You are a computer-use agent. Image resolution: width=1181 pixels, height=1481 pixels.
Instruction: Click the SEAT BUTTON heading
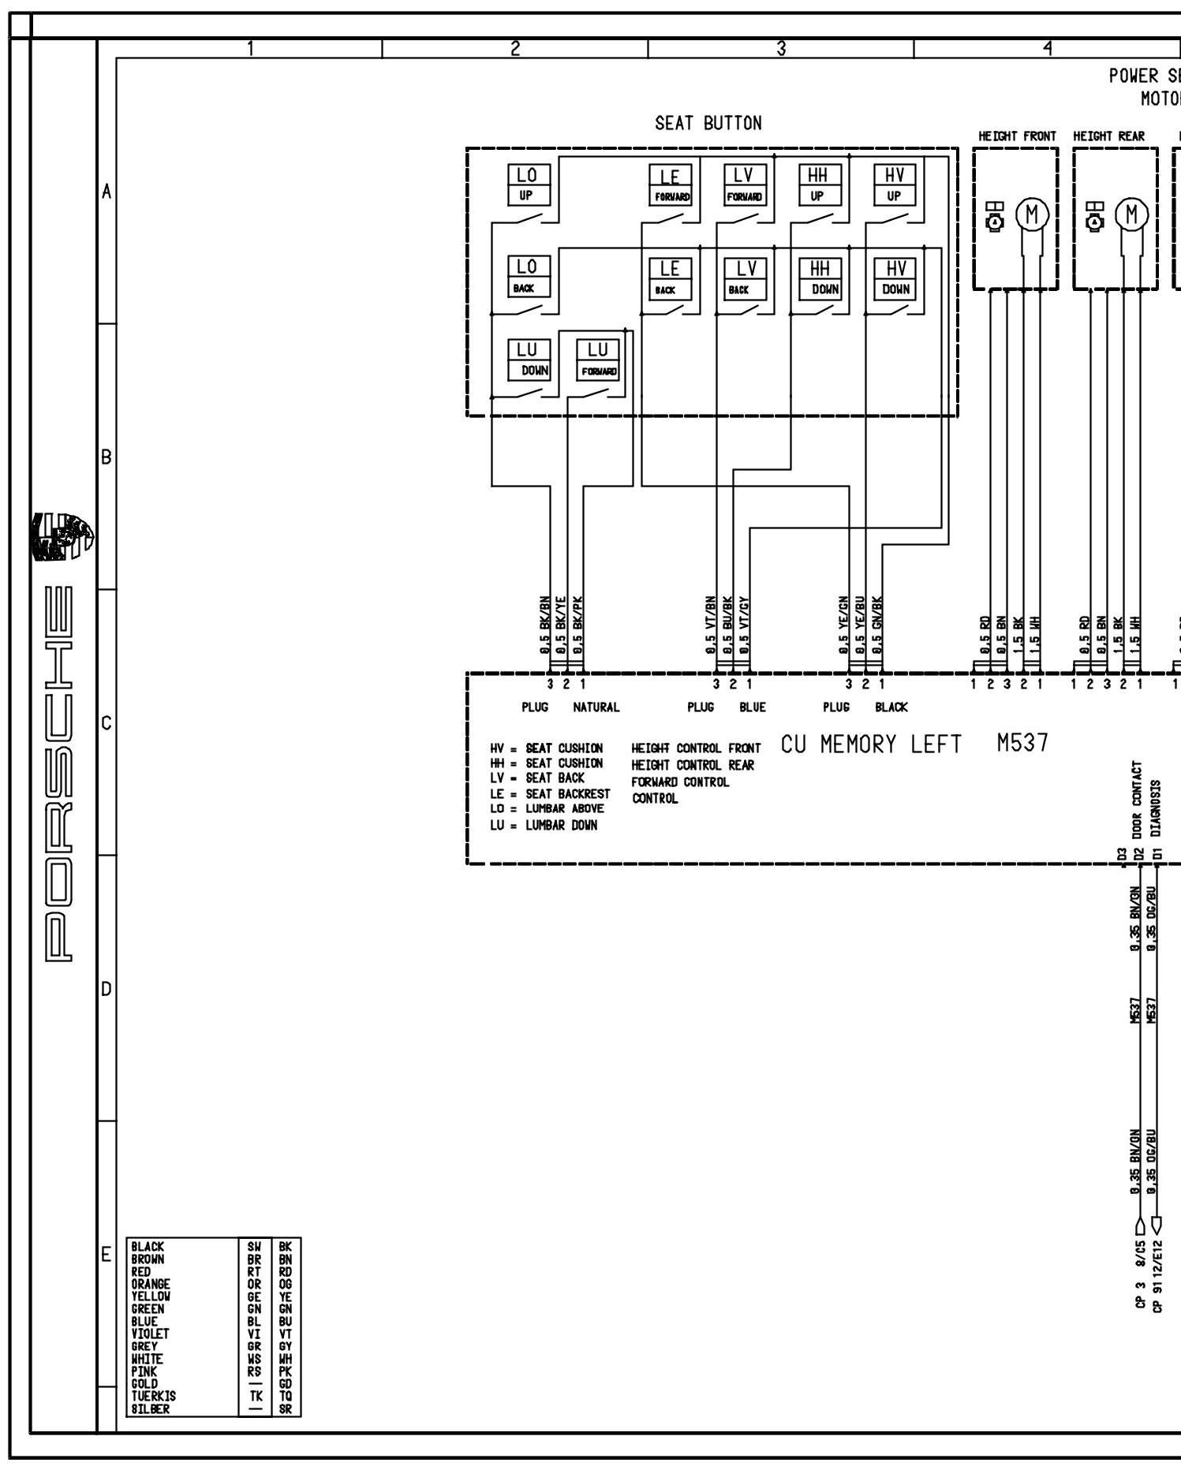708,123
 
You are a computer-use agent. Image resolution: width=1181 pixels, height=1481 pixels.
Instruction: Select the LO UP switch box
527,185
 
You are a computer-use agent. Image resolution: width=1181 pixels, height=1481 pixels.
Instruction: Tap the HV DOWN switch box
895,278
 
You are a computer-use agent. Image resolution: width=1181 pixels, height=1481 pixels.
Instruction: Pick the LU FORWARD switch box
598,360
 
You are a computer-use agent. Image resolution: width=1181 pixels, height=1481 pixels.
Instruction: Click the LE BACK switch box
669,278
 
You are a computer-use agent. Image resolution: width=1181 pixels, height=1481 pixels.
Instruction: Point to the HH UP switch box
819,185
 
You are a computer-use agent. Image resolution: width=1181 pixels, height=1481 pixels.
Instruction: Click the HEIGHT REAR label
1108,136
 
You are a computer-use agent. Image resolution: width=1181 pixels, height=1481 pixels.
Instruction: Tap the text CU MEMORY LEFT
871,744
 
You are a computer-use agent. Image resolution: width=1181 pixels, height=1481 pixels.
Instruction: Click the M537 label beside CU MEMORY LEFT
1022,743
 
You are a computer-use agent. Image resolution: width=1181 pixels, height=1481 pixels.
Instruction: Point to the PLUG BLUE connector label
726,707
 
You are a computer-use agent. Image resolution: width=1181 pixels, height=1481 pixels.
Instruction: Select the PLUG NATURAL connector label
570,707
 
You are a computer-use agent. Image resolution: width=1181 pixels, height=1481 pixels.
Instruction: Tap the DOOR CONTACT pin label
1137,800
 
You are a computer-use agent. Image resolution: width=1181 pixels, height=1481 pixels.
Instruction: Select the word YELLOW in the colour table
151,1296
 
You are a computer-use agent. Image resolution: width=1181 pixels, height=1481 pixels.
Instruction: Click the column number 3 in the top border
780,49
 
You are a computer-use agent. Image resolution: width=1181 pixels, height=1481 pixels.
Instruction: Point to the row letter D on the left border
107,989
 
